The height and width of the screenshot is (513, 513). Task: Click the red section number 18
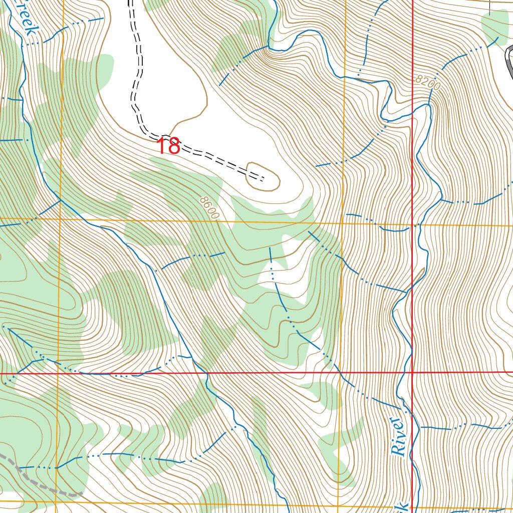pos(168,147)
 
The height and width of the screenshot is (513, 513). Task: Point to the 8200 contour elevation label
pos(428,83)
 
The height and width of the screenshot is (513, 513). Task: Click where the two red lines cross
pos(412,373)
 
